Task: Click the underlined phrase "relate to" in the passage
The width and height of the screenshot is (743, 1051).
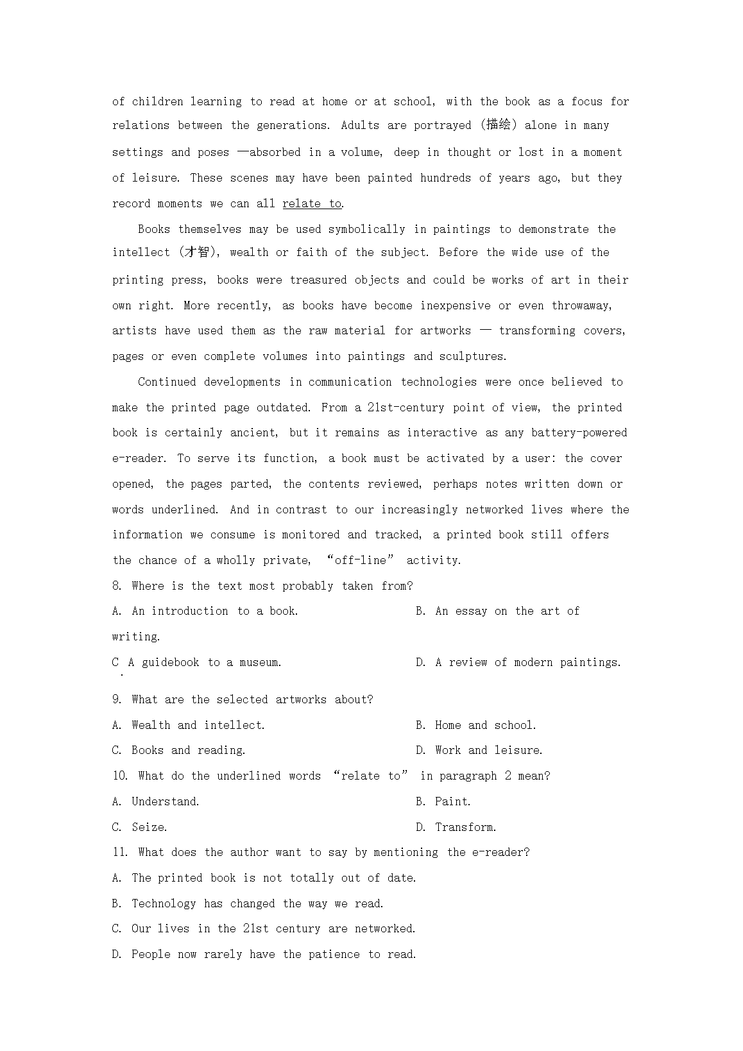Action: [312, 203]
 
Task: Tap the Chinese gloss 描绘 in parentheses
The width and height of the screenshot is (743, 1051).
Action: [498, 124]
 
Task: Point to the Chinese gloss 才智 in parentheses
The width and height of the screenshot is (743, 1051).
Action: [196, 252]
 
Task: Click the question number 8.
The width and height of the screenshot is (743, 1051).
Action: [116, 586]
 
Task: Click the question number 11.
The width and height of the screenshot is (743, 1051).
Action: [120, 852]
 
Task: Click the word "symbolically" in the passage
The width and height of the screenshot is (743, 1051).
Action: [366, 229]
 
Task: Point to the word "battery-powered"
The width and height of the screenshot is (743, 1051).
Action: [579, 432]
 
